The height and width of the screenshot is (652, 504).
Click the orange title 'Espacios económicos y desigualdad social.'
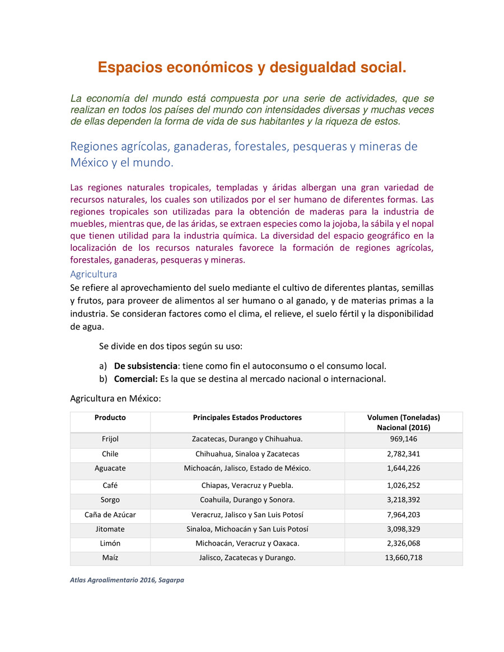(x=252, y=68)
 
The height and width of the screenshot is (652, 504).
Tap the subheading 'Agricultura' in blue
(x=94, y=274)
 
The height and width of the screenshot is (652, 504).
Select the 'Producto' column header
(x=110, y=417)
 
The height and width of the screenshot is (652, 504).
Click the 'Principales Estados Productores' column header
(x=247, y=417)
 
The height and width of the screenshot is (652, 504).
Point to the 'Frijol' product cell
(x=110, y=439)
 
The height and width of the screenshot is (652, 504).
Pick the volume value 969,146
(x=403, y=439)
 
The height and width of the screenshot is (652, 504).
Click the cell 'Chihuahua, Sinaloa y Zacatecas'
(x=247, y=454)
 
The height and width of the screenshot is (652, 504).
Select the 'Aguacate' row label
(x=110, y=468)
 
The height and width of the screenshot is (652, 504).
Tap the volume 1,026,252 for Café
(x=403, y=485)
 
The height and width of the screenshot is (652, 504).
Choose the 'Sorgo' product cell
(x=110, y=500)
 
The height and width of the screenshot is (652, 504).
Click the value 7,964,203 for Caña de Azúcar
(x=403, y=514)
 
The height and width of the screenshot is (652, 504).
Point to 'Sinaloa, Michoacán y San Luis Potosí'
(x=247, y=529)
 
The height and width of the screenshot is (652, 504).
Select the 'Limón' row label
(x=110, y=543)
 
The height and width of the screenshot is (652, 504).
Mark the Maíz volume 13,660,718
(x=403, y=558)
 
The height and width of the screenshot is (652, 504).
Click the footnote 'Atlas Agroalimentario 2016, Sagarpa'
(x=127, y=580)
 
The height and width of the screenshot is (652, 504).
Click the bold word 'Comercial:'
(x=136, y=379)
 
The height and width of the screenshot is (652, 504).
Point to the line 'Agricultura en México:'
(x=115, y=399)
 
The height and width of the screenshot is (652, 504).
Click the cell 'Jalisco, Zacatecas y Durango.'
(x=247, y=558)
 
